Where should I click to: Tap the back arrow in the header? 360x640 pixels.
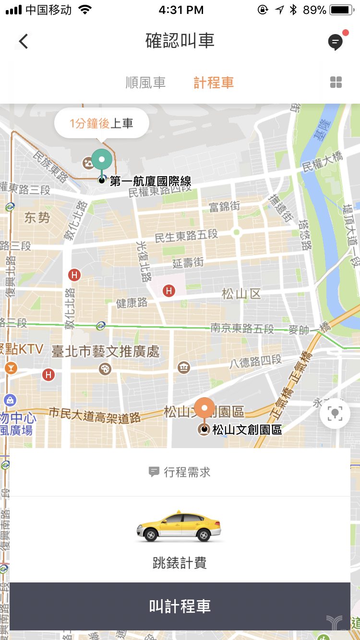(x=24, y=41)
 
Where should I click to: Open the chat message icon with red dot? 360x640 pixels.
(x=336, y=42)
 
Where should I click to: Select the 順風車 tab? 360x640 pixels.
(x=145, y=83)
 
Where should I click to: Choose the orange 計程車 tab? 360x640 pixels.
(x=214, y=83)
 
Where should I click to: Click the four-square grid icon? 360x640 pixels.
(x=336, y=83)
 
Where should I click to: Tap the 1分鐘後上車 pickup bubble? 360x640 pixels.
(x=102, y=124)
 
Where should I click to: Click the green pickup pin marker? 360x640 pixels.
(x=102, y=160)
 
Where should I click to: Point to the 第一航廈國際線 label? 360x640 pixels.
(x=151, y=181)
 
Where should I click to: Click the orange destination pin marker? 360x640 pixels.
(x=205, y=409)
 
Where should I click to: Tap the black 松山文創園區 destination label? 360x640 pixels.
(x=247, y=429)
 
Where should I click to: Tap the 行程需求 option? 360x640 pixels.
(x=180, y=472)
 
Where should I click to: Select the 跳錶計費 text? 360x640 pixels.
(x=180, y=563)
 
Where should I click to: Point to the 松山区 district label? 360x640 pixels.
(x=241, y=293)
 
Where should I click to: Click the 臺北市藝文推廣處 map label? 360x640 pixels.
(x=105, y=351)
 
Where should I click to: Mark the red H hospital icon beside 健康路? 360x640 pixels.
(x=168, y=290)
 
